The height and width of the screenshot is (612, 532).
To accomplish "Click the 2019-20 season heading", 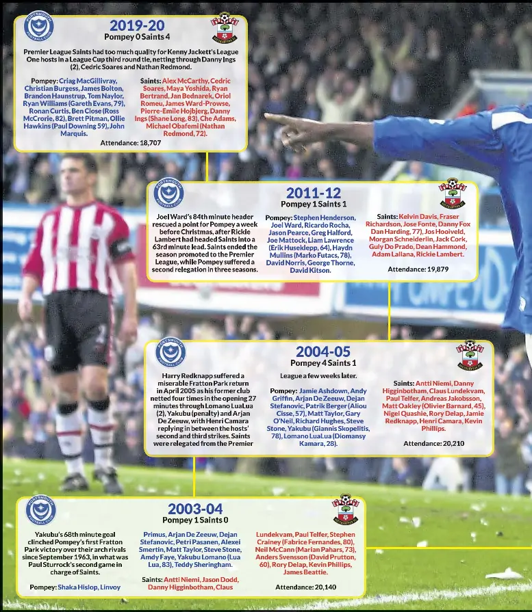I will point(137,26).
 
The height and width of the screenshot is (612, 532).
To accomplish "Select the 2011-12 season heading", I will point(313,194).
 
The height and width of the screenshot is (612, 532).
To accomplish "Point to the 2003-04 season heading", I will point(195,509).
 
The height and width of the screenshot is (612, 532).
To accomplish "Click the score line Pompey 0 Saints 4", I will point(137,37).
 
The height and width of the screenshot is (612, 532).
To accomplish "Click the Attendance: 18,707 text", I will point(131,143).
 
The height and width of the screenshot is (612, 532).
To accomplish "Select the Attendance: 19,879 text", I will point(418,269).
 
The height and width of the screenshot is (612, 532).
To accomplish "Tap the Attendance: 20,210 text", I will point(433,443).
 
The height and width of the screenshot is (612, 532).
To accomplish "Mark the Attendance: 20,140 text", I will point(305,587).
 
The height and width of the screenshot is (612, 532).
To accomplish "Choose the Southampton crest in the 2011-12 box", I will point(453,194).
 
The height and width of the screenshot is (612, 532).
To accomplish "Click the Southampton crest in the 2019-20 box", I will point(224,27).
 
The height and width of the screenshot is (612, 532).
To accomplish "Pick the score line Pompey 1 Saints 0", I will point(195,520).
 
